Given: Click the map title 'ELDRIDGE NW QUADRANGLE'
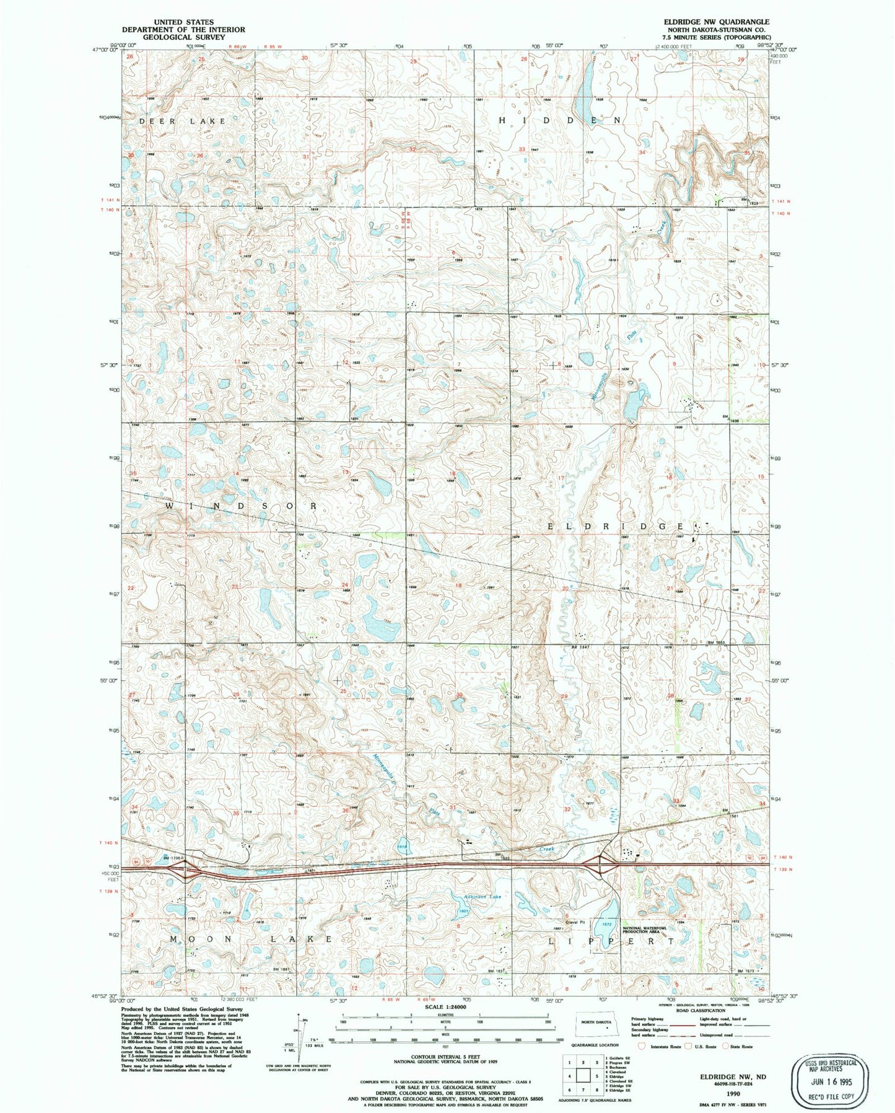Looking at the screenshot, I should (716, 21).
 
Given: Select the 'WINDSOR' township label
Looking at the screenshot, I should (242, 506).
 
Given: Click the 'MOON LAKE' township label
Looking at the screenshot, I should (251, 939).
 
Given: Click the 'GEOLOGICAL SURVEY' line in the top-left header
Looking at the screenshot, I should (183, 37).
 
